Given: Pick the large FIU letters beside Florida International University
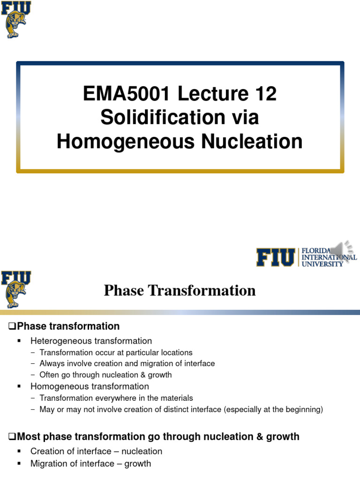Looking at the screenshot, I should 275,257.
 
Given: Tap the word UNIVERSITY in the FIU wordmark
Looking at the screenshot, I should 323,264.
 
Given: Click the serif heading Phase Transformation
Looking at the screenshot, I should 180,291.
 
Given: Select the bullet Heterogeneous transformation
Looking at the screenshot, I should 91,341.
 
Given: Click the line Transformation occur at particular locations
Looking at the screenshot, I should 116,352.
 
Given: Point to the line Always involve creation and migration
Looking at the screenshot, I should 127,363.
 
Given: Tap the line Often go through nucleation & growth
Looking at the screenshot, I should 105,375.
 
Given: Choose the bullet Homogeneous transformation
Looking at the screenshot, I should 90,386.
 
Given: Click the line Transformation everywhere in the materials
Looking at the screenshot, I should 116,398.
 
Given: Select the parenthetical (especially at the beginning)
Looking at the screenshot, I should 273,409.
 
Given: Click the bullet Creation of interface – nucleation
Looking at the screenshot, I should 96,451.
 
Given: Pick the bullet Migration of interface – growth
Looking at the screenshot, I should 90,464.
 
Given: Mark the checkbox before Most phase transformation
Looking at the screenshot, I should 13,437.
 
